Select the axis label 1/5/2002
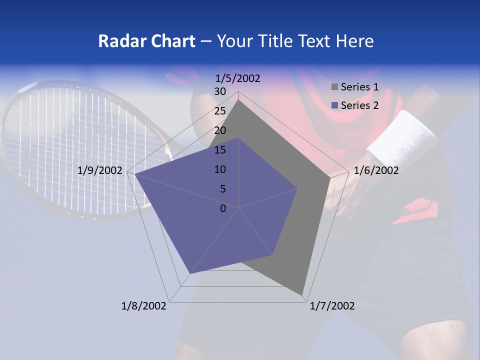pos(237,78)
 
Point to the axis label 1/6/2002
pos(376,170)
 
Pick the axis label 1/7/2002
pos(332,306)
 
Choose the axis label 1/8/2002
pos(144,306)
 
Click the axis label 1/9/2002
pos(100,170)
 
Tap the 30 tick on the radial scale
pos(220,91)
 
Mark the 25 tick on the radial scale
pos(220,111)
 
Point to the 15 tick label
pos(220,150)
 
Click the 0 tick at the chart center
pos(223,208)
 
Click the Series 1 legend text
pos(359,87)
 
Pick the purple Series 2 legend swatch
pos(334,105)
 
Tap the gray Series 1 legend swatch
pos(334,87)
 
